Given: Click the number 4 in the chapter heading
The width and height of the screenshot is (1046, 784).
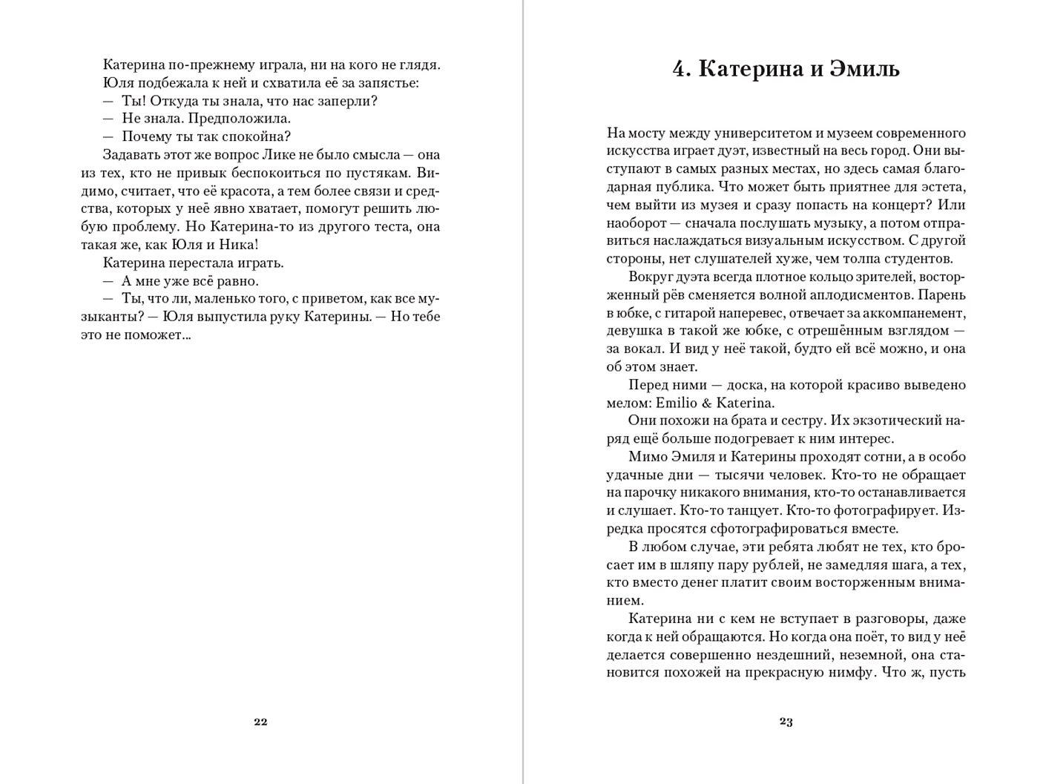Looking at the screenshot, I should (680, 69).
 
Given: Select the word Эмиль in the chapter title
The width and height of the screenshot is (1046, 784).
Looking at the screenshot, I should (864, 69).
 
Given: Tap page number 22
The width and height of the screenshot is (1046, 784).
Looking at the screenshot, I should (260, 722).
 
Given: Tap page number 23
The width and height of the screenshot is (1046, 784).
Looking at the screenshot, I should (786, 722).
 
